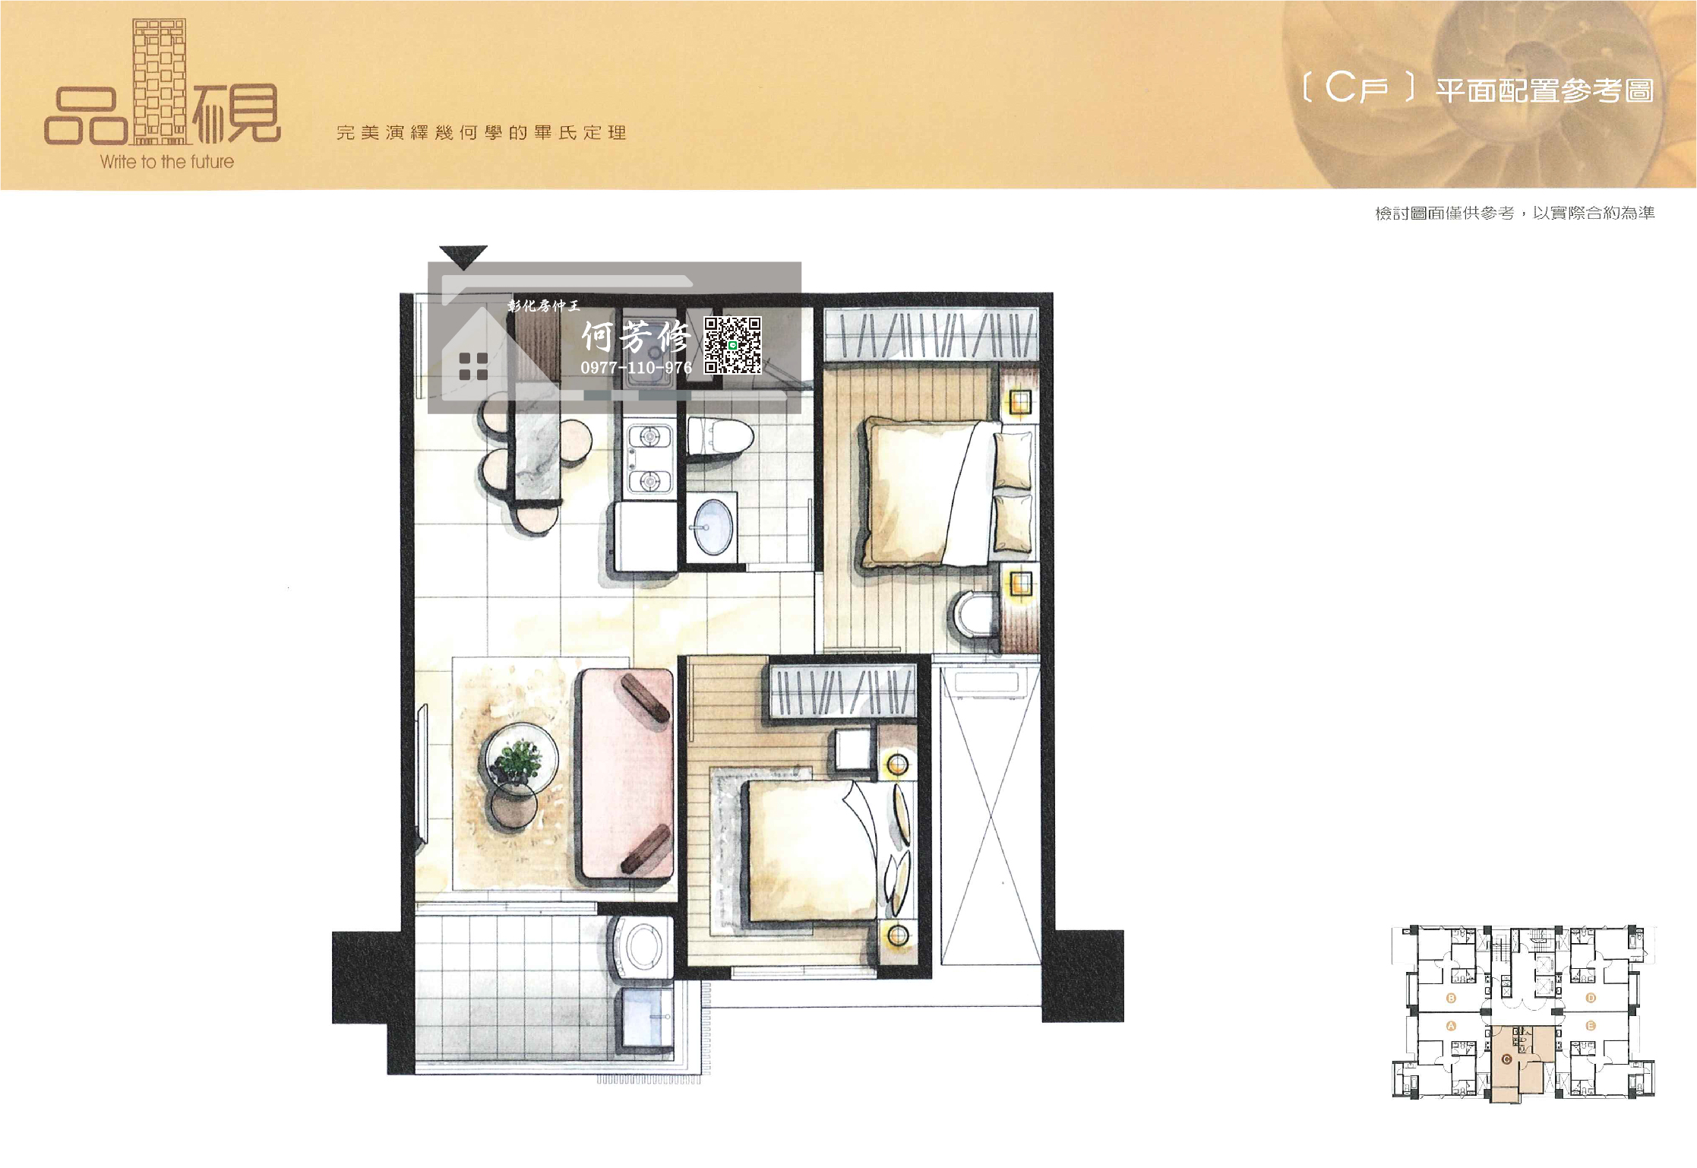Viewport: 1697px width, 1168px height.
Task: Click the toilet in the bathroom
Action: pos(719,438)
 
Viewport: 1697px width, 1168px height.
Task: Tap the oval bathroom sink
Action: pos(713,527)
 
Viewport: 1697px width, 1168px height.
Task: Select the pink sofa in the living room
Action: pos(627,776)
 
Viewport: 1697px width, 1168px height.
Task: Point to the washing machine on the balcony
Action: pos(643,949)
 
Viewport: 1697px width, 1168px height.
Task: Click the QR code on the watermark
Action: pos(732,346)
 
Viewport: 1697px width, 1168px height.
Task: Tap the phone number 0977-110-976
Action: pos(636,368)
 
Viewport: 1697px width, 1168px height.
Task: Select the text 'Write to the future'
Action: pos(167,161)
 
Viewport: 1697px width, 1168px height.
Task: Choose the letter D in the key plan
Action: pos(1591,998)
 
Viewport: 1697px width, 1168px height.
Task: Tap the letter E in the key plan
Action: pos(1591,1026)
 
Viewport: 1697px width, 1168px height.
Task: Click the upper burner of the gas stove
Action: pos(649,437)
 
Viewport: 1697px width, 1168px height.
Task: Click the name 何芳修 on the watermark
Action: pos(636,337)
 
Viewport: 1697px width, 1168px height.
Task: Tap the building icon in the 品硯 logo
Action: pos(160,81)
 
